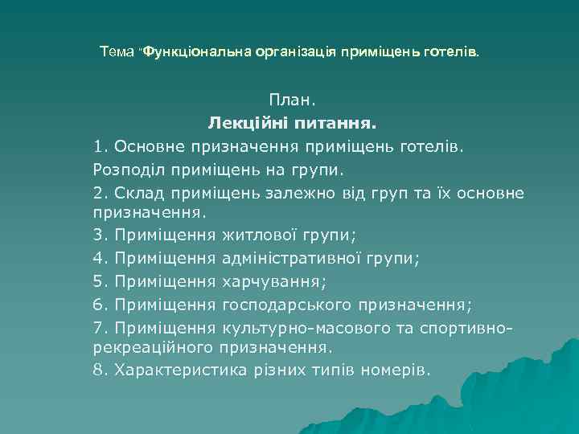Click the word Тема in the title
[117, 51]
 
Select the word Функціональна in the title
[196, 51]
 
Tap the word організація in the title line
[297, 51]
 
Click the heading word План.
[293, 101]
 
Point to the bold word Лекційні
[246, 124]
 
